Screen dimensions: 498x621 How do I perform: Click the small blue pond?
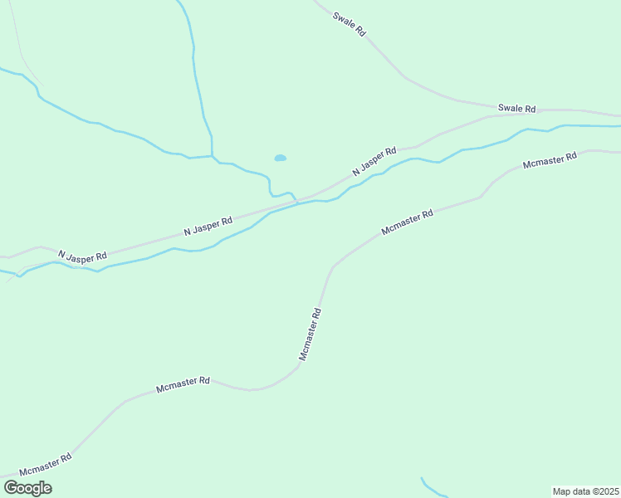point(281,158)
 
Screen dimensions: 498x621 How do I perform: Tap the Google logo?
point(27,488)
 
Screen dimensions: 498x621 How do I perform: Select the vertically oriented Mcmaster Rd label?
point(310,334)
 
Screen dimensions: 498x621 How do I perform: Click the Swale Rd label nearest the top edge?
point(349,23)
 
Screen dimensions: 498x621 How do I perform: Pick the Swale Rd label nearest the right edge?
point(516,109)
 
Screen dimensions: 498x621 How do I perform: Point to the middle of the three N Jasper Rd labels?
point(208,225)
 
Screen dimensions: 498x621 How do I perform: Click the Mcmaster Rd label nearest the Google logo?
point(46,464)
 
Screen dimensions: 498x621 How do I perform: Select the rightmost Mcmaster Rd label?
point(550,160)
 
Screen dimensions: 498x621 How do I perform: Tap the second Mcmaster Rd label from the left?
point(183,384)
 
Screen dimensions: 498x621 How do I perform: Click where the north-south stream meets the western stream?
point(213,156)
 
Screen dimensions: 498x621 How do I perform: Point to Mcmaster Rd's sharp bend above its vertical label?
point(333,267)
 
